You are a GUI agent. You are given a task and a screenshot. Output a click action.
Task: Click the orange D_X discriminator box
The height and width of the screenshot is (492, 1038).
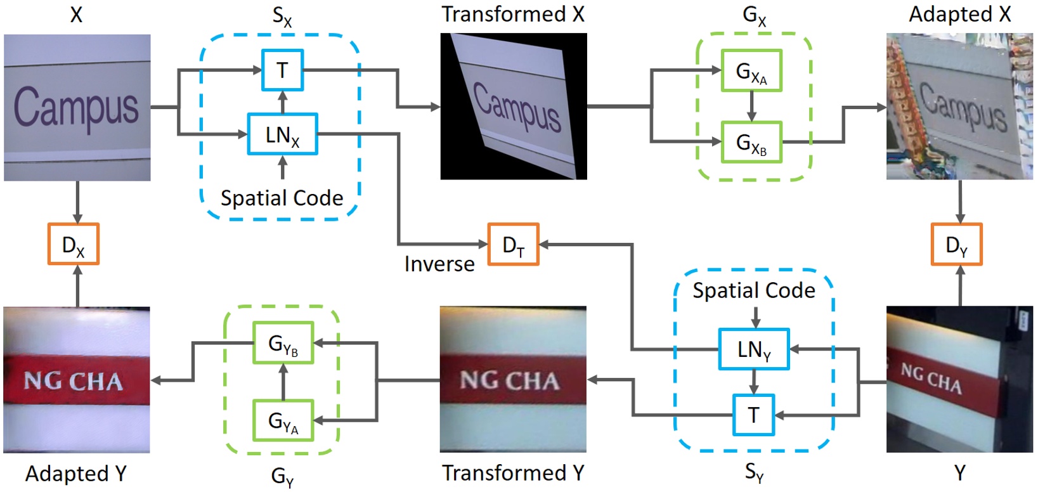74,244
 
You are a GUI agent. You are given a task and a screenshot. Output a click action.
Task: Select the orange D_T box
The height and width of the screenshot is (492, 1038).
513,244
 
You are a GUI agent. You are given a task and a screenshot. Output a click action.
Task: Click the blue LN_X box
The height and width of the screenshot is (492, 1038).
282,134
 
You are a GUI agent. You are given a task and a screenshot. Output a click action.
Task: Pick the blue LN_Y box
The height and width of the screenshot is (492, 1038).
753,349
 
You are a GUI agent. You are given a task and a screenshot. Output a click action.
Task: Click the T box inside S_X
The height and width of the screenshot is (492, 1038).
282,70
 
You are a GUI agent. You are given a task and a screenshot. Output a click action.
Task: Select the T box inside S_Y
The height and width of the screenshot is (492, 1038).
753,415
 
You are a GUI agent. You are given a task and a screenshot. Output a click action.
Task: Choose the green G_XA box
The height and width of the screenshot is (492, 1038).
751,71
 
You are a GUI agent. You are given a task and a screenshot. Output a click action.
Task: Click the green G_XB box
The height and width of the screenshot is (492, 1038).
751,143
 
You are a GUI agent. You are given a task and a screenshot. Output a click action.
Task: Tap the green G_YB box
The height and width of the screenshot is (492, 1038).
283,342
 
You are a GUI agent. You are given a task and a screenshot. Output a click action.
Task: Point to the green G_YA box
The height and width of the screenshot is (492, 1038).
283,420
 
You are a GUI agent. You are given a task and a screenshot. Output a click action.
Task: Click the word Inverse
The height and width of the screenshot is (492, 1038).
439,263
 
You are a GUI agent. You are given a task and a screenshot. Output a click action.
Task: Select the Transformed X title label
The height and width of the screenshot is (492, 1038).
512,14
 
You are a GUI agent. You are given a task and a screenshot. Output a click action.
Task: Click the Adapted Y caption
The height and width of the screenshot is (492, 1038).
75,474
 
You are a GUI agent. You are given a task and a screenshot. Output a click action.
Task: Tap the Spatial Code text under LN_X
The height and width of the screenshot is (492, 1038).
282,198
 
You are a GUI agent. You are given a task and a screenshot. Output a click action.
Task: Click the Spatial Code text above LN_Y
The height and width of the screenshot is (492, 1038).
753,290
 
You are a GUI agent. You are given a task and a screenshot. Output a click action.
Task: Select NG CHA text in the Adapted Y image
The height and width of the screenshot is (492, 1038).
73,381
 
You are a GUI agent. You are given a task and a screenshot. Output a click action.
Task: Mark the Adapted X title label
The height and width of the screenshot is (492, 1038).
959,14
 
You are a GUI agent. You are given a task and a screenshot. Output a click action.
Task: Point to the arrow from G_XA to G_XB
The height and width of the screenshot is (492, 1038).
751,106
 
